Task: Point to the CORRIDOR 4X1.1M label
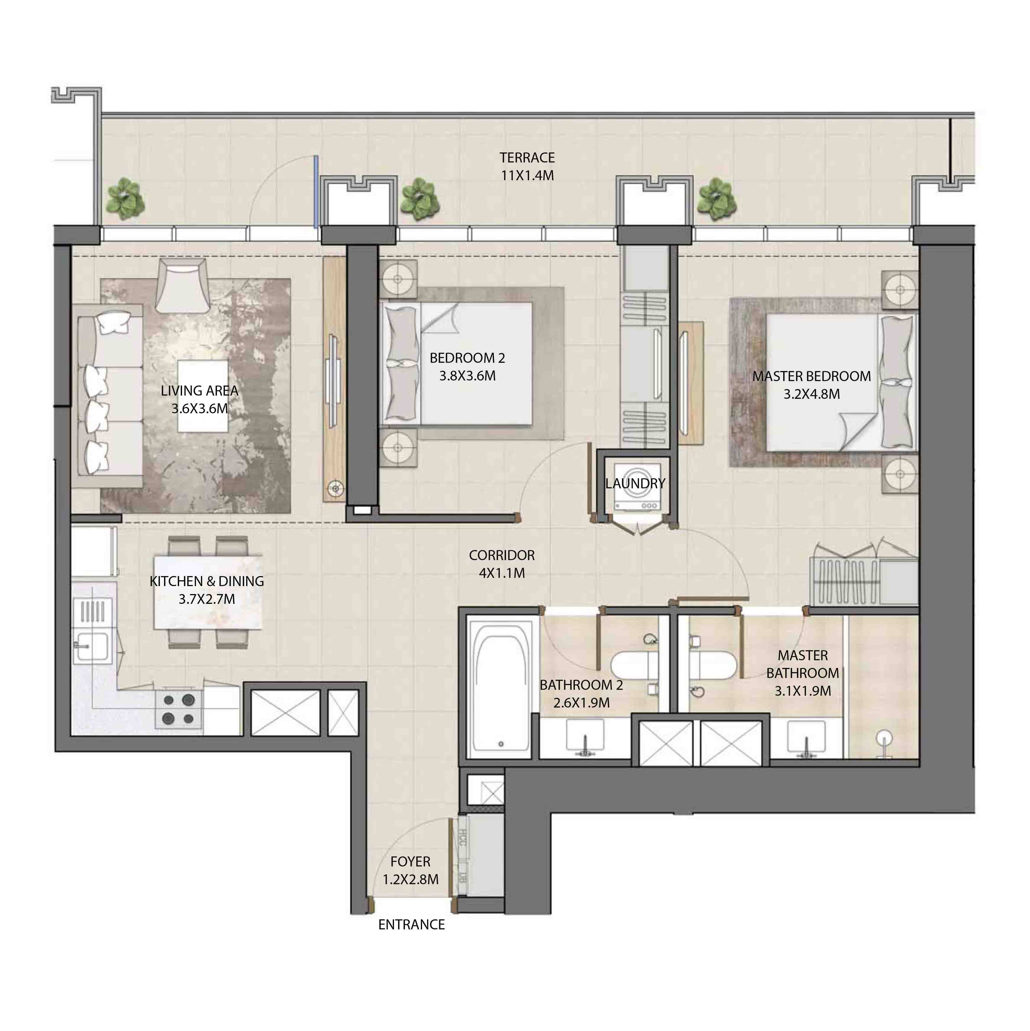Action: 501,564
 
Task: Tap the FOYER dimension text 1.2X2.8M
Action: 410,879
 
